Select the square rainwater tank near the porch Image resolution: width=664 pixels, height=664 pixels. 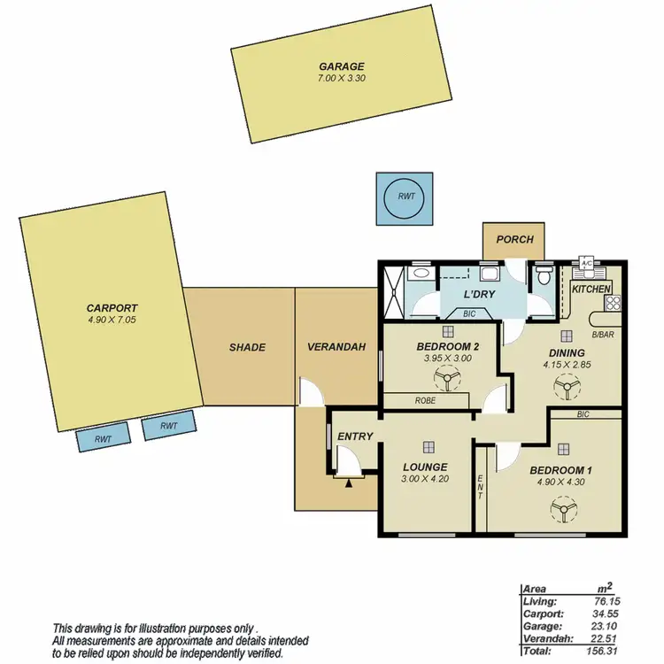tap(405, 197)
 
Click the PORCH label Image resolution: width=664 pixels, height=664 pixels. tap(514, 239)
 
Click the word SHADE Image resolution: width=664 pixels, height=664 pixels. tap(247, 347)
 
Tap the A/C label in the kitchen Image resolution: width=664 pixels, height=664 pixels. tap(585, 264)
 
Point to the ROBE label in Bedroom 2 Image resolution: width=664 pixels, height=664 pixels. tap(424, 400)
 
